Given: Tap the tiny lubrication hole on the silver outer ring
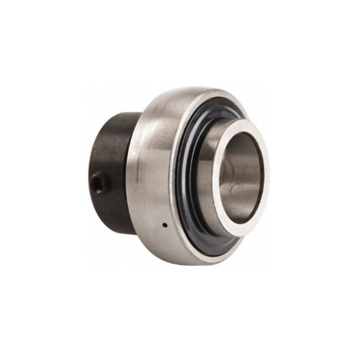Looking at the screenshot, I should click(x=164, y=224).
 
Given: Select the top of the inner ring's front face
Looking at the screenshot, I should click(x=241, y=119).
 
